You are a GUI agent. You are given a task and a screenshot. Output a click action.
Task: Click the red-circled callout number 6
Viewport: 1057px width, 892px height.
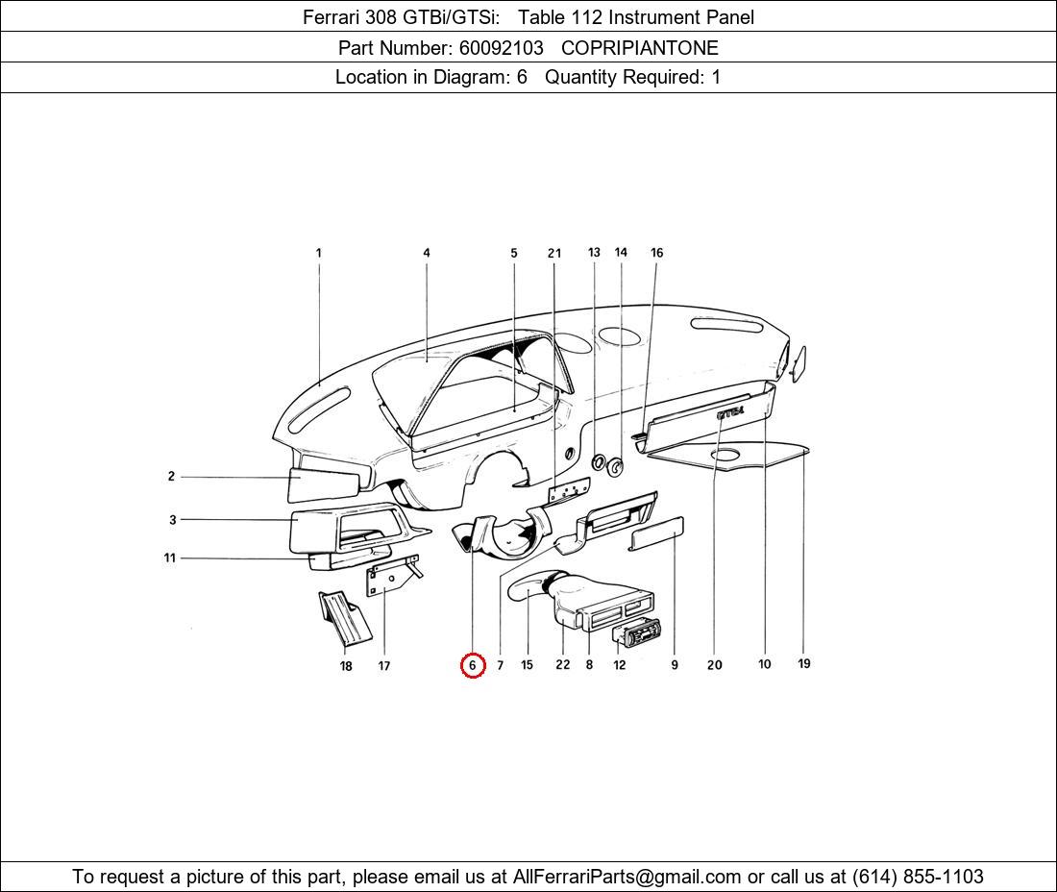click(472, 664)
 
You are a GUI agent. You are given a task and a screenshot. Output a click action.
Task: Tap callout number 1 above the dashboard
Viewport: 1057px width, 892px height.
click(318, 253)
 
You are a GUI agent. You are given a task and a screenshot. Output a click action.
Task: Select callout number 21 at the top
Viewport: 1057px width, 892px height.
click(554, 254)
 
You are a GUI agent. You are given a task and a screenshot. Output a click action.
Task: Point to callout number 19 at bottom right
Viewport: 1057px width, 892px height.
click(804, 663)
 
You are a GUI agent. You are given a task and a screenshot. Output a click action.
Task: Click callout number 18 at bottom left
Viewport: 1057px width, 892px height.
click(346, 665)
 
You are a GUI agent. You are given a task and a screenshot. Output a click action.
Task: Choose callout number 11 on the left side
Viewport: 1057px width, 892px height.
click(170, 557)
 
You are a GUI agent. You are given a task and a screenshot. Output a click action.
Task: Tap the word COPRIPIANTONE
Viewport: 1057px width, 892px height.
click(639, 47)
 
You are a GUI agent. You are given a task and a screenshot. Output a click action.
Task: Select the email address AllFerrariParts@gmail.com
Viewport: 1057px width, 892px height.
click(627, 877)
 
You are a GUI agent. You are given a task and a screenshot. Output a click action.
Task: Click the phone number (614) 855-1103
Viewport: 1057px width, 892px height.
click(917, 877)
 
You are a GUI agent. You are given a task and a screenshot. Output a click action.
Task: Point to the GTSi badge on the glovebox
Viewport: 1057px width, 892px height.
click(729, 412)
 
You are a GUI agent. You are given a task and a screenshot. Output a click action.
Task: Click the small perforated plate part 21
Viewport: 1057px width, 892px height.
click(568, 491)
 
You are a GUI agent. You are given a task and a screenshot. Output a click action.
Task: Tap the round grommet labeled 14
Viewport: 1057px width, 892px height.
click(615, 469)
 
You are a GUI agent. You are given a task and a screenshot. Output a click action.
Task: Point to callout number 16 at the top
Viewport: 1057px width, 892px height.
click(656, 253)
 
